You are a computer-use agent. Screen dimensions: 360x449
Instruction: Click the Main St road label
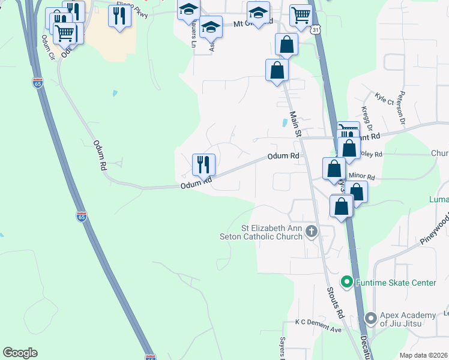pyautogui.click(x=294, y=124)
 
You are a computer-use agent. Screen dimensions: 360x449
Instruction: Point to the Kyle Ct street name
pyautogui.click(x=384, y=98)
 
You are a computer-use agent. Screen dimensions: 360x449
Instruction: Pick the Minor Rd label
pyautogui.click(x=362, y=178)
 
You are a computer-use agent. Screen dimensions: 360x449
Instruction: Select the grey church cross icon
pyautogui.click(x=311, y=231)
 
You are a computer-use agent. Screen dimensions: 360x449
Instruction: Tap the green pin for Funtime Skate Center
pyautogui.click(x=346, y=281)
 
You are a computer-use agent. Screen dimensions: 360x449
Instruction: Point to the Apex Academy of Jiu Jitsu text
pyautogui.click(x=408, y=319)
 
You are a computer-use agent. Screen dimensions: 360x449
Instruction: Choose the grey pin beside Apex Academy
pyautogui.click(x=370, y=317)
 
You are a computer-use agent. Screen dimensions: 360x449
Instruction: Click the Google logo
pyautogui.click(x=20, y=353)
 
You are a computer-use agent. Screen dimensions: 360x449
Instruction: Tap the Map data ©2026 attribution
pyautogui.click(x=424, y=355)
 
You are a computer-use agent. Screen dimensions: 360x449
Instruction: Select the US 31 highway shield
pyautogui.click(x=316, y=29)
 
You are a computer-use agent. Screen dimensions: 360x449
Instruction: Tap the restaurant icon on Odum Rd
pyautogui.click(x=203, y=163)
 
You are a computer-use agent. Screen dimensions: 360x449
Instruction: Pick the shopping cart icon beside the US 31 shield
pyautogui.click(x=300, y=14)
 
